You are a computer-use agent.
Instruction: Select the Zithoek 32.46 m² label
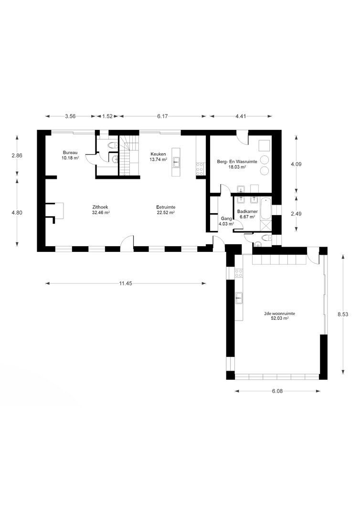coord(101,210)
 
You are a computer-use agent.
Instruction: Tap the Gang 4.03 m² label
coord(226,221)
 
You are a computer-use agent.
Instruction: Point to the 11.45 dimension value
coord(126,283)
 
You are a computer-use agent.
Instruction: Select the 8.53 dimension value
coord(343,314)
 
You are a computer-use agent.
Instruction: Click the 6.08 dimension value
coord(277,391)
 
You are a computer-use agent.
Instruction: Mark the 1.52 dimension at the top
coord(107,116)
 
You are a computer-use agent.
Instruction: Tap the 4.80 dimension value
coord(17,213)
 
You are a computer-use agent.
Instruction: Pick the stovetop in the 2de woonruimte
coord(239,273)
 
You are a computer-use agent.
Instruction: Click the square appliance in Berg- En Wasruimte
coord(265,145)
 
